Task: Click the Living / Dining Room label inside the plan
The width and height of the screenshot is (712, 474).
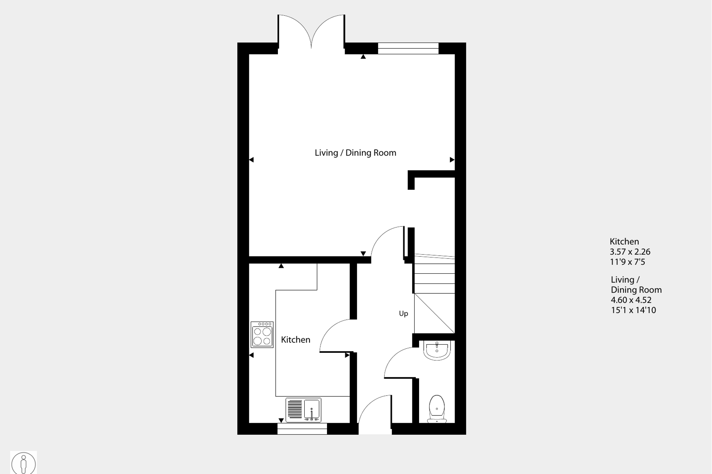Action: (355, 153)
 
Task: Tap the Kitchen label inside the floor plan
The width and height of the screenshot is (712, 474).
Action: (296, 340)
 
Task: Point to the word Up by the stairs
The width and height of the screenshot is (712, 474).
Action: (403, 314)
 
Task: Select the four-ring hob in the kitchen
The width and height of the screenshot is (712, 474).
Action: (262, 334)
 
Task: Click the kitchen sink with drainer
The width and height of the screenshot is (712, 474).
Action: (303, 410)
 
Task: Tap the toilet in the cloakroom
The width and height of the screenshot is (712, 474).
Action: (437, 409)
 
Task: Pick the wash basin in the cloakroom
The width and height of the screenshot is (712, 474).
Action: (437, 350)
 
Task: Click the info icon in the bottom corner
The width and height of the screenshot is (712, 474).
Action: (23, 463)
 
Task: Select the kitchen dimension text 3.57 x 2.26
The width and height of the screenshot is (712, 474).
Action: (630, 252)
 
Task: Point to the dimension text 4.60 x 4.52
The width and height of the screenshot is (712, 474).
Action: (631, 300)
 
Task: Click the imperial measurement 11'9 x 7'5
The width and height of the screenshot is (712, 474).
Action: (627, 262)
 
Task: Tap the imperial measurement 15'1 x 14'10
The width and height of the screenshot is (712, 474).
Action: (633, 310)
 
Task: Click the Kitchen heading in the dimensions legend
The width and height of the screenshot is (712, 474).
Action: (624, 241)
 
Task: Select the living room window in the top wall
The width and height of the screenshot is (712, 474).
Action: (408, 48)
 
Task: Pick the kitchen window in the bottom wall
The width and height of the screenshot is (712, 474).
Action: (302, 429)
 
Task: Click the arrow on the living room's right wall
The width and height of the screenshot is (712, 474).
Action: (452, 160)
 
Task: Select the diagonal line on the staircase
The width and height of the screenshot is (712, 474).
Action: (434, 313)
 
